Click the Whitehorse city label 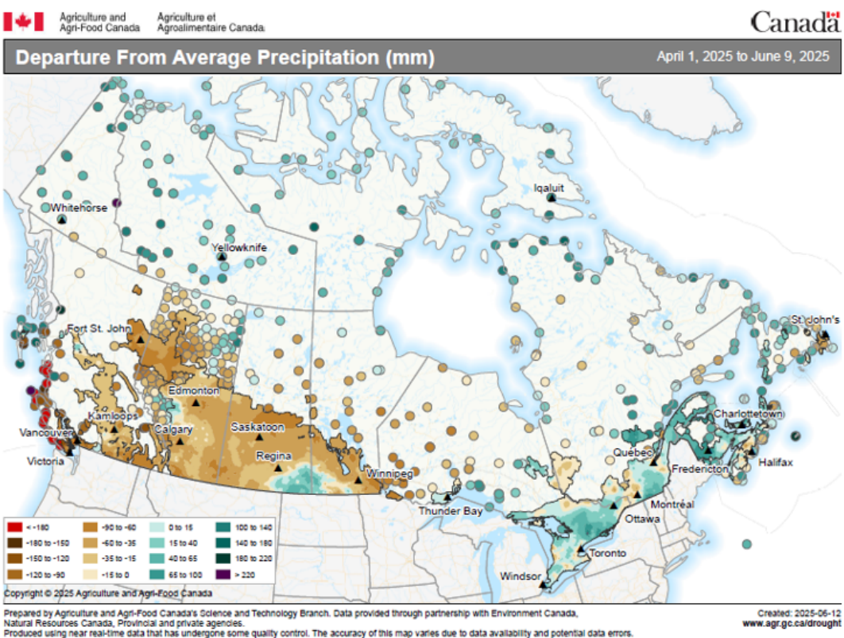(x=79, y=207)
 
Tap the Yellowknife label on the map (x=238, y=248)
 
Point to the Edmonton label (x=192, y=391)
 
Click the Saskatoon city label (x=257, y=427)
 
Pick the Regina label (x=273, y=456)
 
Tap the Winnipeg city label (x=389, y=474)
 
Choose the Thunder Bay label (x=451, y=511)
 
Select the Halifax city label (x=775, y=462)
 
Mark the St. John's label (x=814, y=319)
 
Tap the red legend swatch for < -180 (x=14, y=527)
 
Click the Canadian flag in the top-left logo (x=29, y=21)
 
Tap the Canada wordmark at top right (x=794, y=21)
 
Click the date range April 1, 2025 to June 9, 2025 (x=743, y=57)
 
